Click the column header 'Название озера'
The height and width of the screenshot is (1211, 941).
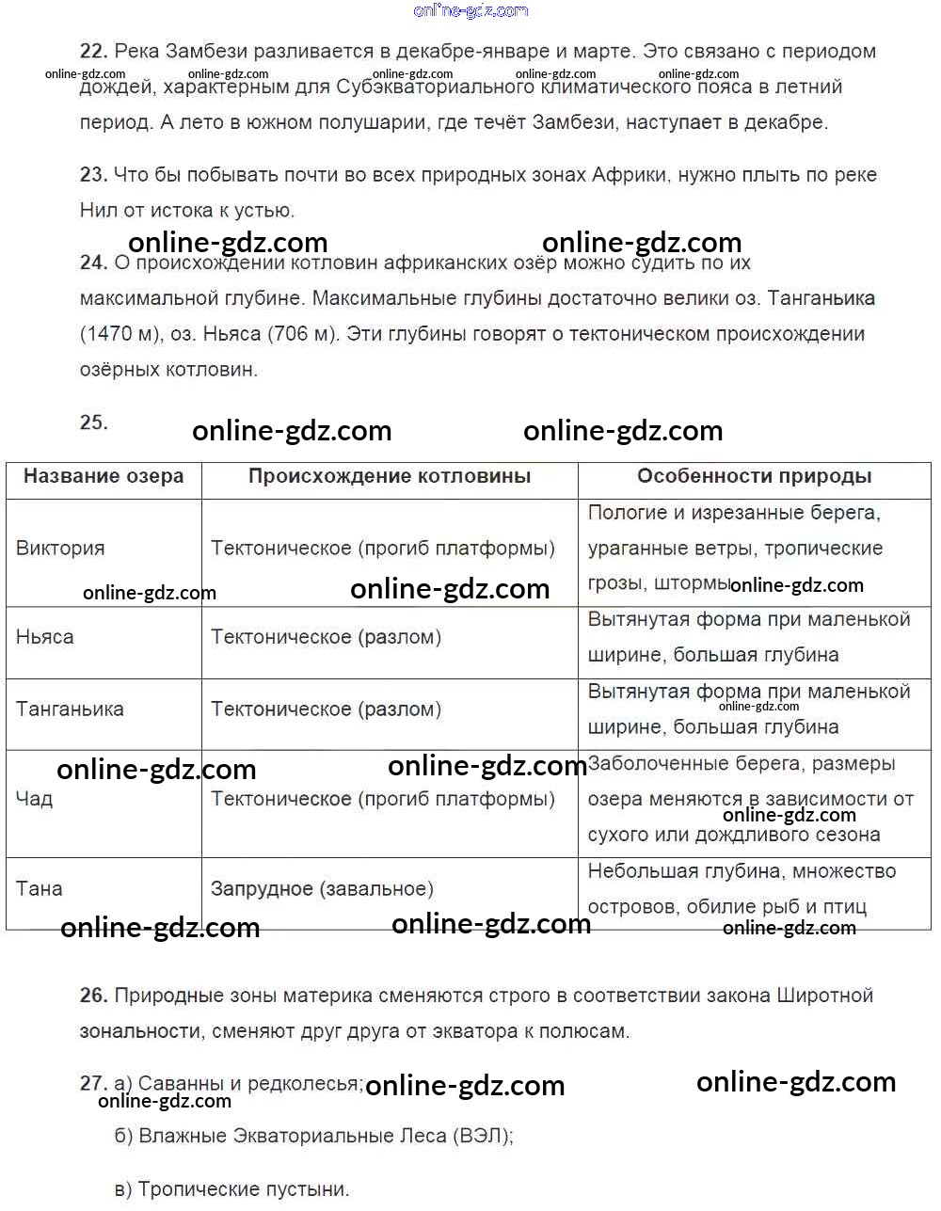[104, 477]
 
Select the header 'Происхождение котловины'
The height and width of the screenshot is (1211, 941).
[390, 477]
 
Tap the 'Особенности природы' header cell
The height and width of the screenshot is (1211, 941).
[754, 477]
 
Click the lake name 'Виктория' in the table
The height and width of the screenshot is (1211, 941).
[60, 549]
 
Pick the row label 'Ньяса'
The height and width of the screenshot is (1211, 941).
[45, 637]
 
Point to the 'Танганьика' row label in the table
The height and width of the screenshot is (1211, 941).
[70, 709]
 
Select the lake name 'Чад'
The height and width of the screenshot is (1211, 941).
[35, 799]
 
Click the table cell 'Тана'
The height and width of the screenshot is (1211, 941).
[40, 888]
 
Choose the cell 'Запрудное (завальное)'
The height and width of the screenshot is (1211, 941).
[322, 888]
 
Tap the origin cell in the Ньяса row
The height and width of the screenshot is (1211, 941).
[326, 637]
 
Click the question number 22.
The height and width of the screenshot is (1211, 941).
[93, 52]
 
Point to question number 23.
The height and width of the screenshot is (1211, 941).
[93, 175]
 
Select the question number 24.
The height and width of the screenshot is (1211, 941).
[93, 263]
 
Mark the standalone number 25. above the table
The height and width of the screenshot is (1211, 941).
[93, 422]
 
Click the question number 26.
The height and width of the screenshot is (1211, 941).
[93, 996]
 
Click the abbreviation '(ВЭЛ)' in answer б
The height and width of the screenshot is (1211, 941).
[483, 1136]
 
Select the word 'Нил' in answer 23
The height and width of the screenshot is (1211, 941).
[99, 211]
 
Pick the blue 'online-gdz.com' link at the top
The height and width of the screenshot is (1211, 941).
[470, 10]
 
